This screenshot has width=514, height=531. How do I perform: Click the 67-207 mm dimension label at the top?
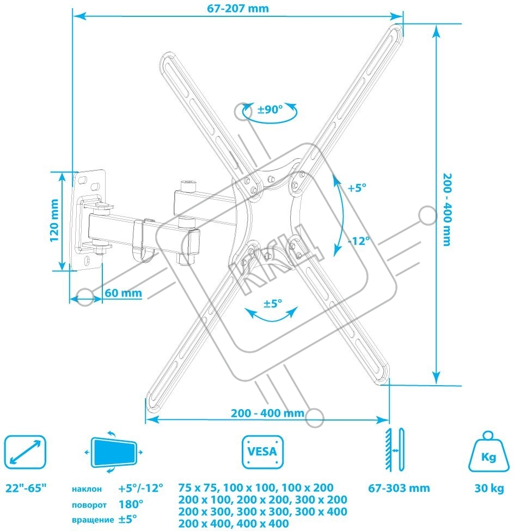(x=238, y=8)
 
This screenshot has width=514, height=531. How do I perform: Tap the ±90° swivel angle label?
(x=270, y=109)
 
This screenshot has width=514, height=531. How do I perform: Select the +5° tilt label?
(x=357, y=188)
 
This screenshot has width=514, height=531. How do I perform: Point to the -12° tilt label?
(x=359, y=241)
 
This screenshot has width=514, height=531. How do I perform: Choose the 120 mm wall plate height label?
(x=54, y=220)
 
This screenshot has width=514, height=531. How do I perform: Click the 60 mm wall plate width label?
(x=124, y=293)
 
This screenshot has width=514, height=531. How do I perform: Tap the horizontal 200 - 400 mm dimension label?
(x=267, y=413)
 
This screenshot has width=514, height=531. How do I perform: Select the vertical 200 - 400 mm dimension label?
(x=448, y=209)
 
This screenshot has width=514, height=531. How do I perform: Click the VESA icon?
(x=262, y=452)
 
